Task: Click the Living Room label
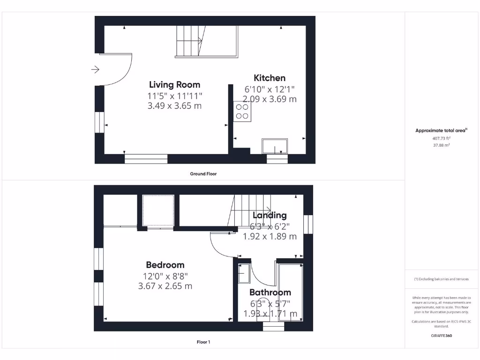click(x=174, y=85)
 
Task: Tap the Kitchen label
click(x=270, y=78)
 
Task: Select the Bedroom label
click(x=165, y=265)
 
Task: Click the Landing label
click(x=270, y=216)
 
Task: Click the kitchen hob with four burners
click(x=242, y=112)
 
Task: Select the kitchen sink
click(x=275, y=146)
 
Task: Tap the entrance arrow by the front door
click(x=95, y=70)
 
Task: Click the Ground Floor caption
click(x=203, y=174)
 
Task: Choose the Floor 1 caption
click(x=203, y=342)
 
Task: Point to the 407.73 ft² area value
click(x=441, y=138)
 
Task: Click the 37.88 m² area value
click(x=441, y=145)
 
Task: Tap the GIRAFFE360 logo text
click(x=441, y=336)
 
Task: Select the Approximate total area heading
click(x=440, y=131)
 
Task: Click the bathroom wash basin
click(x=245, y=273)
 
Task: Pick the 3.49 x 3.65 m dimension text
click(x=174, y=106)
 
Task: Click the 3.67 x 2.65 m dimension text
click(x=165, y=286)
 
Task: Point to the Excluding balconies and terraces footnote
click(x=441, y=279)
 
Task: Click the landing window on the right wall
click(x=308, y=224)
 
